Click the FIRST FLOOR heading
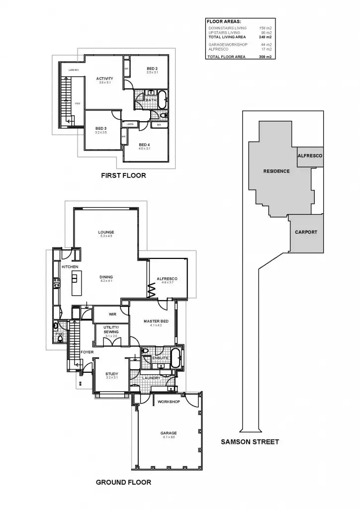coord(123,175)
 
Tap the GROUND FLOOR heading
coord(123,482)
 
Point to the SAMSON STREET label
coord(250,441)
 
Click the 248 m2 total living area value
coord(266,37)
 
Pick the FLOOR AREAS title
coord(224,22)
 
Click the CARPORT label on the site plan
coord(306,232)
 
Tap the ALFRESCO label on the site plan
coord(310,156)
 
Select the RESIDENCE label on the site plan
coord(276,171)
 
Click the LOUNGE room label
coord(106,232)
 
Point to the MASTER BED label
coord(156,321)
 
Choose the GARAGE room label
coord(169,433)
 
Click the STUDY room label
coord(111,374)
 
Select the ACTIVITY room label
coord(104,79)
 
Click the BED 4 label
coord(145,145)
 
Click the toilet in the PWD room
coord(56,327)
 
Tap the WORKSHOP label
coord(168,401)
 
